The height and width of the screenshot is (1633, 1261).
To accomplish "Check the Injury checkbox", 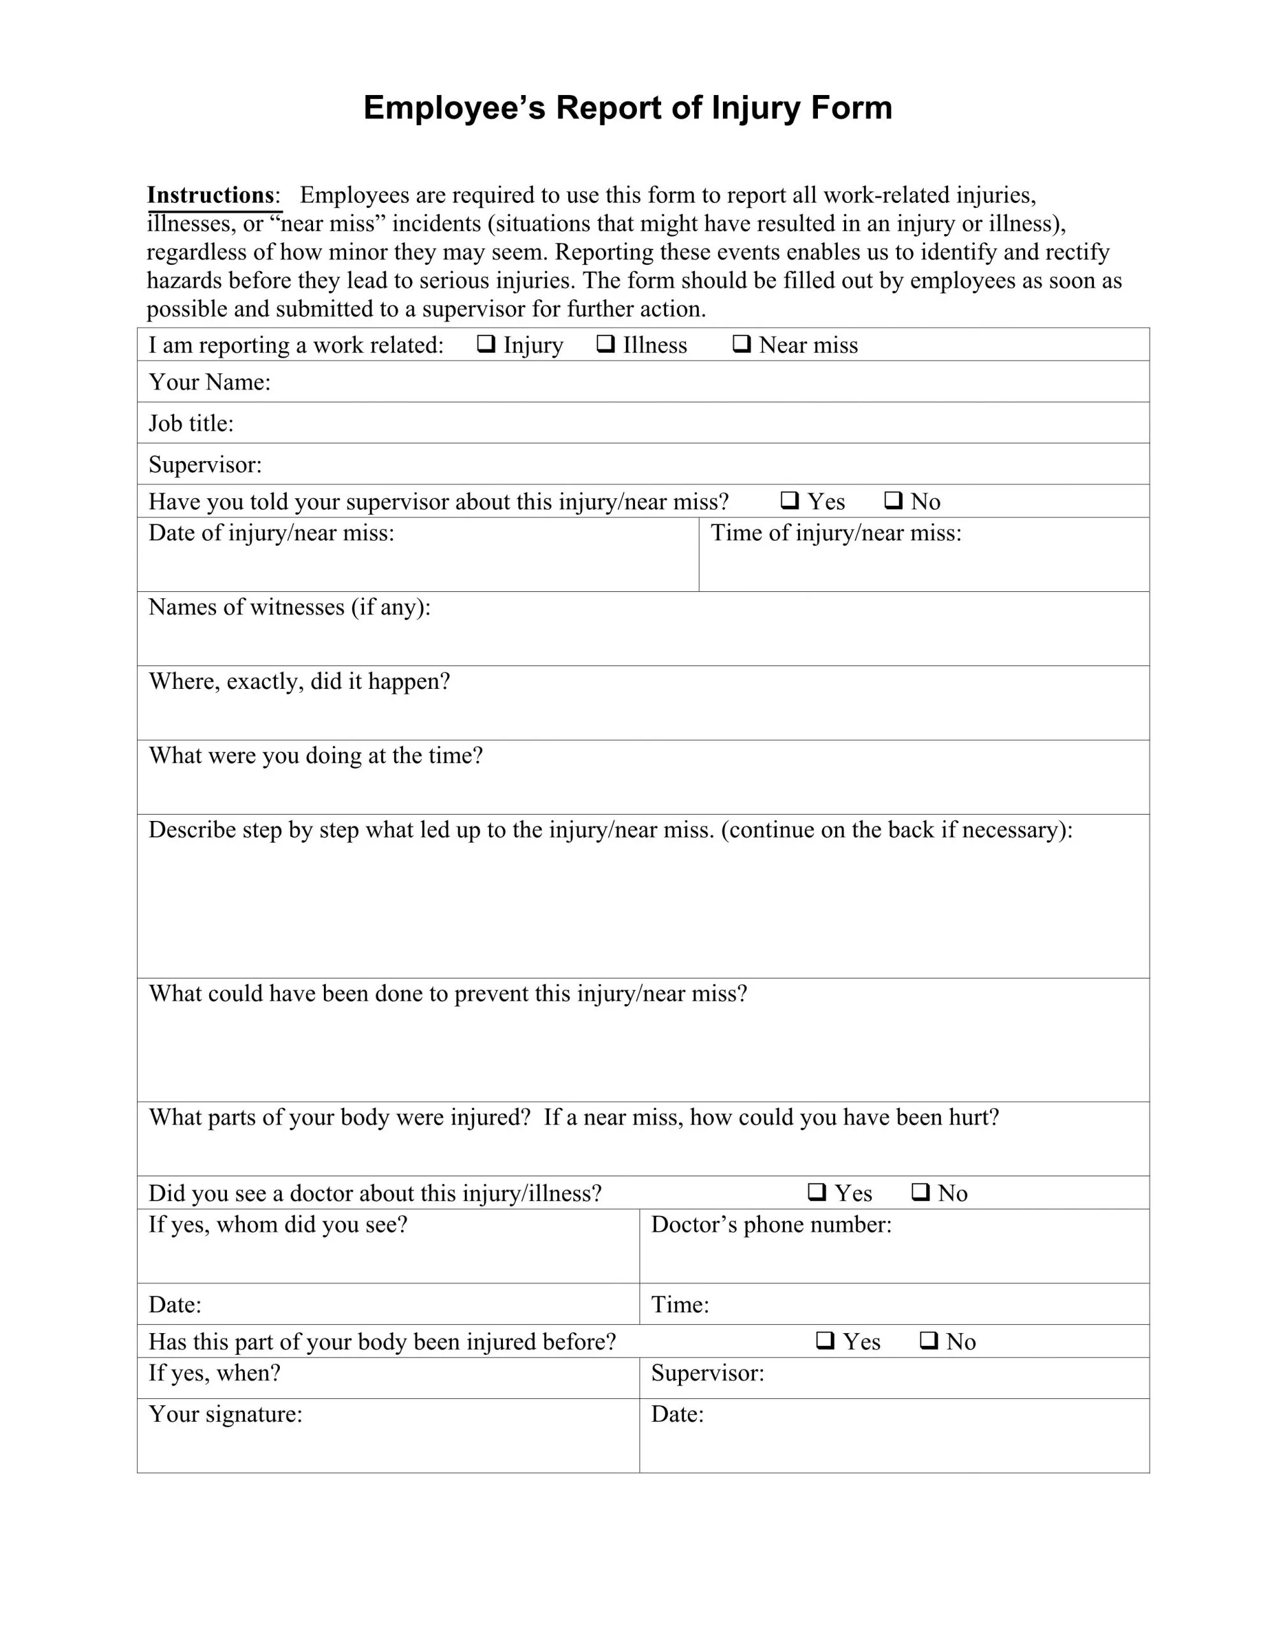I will click(x=486, y=344).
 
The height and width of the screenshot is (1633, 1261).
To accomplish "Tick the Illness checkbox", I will click(x=606, y=344).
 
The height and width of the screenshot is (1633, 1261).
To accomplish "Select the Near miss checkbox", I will click(x=741, y=344).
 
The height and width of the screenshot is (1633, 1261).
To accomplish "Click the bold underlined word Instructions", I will click(x=211, y=195).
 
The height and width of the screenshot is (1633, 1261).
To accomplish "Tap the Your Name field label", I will click(x=209, y=382).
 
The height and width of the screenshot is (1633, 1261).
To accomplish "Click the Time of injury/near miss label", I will click(x=836, y=533).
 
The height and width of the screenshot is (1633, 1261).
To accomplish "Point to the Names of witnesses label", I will click(x=289, y=607).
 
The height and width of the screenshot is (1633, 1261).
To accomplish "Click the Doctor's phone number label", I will click(x=771, y=1225).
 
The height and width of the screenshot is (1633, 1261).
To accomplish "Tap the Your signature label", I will click(x=225, y=1414).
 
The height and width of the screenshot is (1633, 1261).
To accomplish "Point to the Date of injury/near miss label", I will click(x=270, y=533).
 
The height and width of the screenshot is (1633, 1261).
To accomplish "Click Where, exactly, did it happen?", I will click(x=299, y=681).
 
